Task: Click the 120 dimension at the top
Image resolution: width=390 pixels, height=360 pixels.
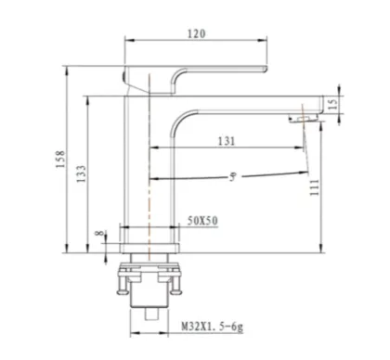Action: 196,33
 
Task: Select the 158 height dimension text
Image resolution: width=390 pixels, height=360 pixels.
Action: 60,159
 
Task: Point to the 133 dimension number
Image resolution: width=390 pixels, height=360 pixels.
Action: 81,174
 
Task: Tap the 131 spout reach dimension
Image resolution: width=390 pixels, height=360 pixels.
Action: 227,141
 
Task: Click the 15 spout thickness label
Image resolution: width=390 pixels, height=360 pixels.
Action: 332,104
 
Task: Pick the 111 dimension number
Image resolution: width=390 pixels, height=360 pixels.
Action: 314,187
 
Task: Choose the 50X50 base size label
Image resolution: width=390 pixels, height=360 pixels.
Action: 202,221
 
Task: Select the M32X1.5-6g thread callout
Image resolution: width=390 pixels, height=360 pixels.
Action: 213,327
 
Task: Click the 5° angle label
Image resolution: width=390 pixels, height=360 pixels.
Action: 233,176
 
